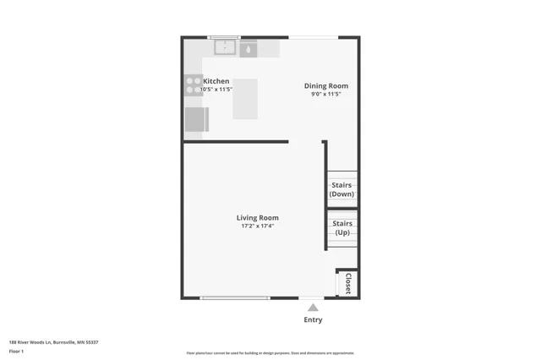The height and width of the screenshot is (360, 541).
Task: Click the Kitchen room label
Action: (216, 81)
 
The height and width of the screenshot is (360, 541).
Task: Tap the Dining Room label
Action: (326, 85)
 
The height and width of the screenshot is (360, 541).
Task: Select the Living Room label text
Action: (258, 217)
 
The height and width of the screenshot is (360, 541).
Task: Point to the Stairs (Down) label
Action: (342, 190)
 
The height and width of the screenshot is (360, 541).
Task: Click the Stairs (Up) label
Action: (342, 227)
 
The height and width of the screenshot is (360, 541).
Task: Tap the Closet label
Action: (347, 283)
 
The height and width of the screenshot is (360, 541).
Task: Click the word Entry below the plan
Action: (313, 319)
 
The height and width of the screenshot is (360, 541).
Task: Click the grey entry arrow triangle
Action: (313, 308)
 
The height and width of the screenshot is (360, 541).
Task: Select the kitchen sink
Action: (225, 48)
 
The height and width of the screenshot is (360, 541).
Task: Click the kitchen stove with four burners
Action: (194, 85)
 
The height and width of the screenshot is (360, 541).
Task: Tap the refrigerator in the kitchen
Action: (196, 120)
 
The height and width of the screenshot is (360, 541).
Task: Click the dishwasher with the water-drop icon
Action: (249, 49)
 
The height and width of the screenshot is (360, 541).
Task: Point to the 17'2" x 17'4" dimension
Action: (258, 226)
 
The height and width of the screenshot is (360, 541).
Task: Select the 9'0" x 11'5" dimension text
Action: (326, 94)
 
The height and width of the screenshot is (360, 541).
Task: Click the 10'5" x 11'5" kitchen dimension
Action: (216, 89)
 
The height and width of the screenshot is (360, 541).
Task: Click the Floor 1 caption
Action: (17, 351)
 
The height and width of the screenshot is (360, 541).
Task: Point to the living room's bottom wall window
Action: (235, 297)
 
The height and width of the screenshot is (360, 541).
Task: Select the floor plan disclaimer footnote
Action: (270, 353)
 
